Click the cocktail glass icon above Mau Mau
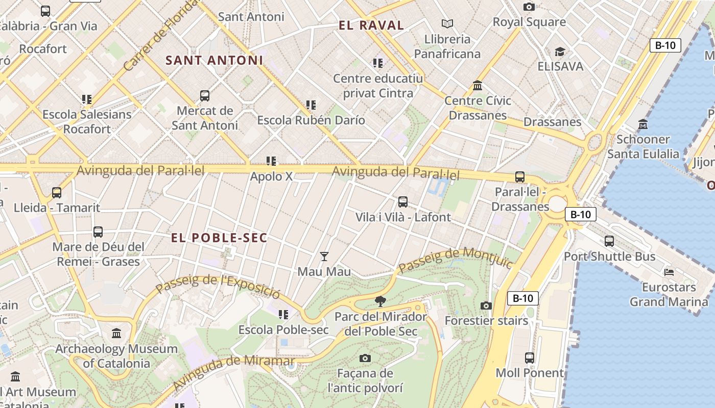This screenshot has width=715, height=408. pyautogui.click(x=324, y=256)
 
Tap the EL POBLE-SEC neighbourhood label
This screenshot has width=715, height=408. pyautogui.click(x=219, y=238)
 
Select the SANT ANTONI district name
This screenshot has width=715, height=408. pyautogui.click(x=214, y=60)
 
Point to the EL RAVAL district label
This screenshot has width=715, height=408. pyautogui.click(x=371, y=25)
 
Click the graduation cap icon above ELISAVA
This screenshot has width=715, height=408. pyautogui.click(x=560, y=52)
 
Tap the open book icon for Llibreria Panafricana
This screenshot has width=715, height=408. pyautogui.click(x=447, y=23)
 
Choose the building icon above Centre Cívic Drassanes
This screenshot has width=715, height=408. pyautogui.click(x=478, y=85)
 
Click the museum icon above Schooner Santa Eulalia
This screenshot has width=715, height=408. pyautogui.click(x=642, y=124)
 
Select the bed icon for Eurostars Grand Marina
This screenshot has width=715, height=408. pyautogui.click(x=669, y=272)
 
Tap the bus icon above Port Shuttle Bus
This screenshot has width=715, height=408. pyautogui.click(x=609, y=241)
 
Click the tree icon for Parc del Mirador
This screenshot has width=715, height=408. pyautogui.click(x=380, y=301)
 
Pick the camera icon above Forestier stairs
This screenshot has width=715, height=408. pyautogui.click(x=486, y=305)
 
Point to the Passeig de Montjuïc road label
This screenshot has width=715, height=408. pyautogui.click(x=455, y=260)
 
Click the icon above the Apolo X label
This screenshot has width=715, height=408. pyautogui.click(x=271, y=161)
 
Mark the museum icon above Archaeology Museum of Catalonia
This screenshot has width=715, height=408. pyautogui.click(x=116, y=334)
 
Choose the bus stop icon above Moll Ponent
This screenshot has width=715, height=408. pyautogui.click(x=530, y=358)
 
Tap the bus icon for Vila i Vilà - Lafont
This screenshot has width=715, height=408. pyautogui.click(x=403, y=201)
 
